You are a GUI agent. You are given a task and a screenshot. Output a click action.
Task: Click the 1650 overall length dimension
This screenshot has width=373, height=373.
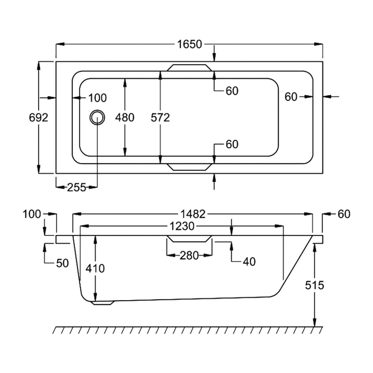189,45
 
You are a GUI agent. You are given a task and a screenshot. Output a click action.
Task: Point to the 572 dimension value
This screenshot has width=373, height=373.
160,117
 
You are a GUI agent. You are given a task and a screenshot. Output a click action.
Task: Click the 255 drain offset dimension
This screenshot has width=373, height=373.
76,187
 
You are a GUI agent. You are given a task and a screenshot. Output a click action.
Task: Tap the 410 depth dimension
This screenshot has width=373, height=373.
95,269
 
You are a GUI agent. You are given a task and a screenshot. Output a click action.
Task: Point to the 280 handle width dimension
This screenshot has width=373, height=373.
189,256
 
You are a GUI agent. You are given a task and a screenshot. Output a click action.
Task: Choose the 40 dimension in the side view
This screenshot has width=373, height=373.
249,262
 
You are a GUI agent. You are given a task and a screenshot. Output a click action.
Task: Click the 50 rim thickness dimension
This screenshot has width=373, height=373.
62,263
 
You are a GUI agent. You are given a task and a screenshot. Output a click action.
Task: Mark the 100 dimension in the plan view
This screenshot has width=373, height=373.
97,97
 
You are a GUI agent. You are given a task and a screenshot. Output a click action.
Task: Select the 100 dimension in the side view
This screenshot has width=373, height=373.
32,214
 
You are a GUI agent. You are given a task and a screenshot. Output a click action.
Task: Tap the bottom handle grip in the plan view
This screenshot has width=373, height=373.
189,166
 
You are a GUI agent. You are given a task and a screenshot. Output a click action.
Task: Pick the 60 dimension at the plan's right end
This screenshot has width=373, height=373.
291,97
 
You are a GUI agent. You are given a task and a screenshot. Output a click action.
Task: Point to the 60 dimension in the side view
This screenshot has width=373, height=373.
343,214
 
